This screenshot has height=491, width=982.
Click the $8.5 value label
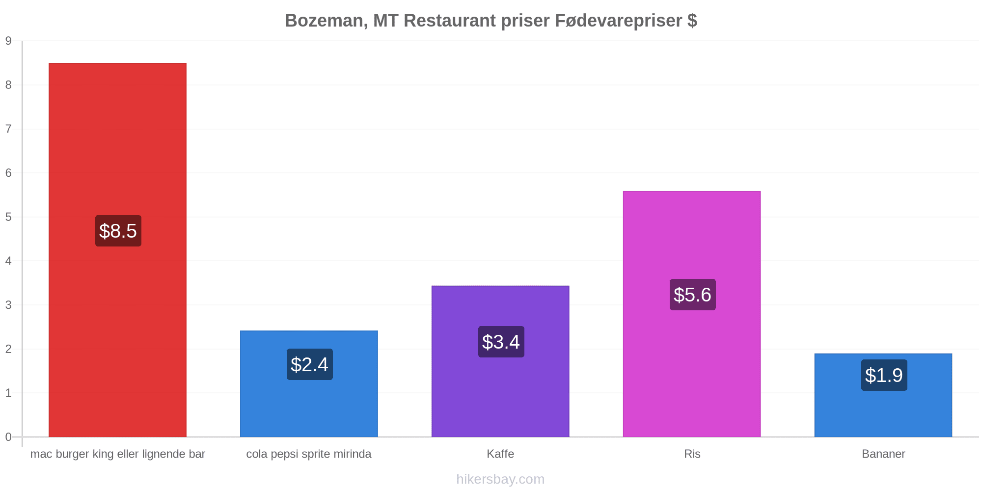118,231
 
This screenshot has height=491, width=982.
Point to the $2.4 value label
310,364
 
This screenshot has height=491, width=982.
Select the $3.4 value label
501,342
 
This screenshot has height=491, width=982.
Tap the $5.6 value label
693,295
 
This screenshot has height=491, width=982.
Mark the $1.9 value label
884,375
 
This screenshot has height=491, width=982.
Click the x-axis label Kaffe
500,454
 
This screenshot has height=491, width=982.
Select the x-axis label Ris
692,454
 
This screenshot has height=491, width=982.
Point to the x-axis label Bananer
883,454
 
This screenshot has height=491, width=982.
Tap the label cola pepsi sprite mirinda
309,454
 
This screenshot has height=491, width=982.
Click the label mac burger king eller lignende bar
118,454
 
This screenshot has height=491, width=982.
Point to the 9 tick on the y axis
8,41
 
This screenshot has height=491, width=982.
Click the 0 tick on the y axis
8,437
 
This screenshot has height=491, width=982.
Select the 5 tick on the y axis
8,217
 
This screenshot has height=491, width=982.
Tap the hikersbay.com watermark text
500,479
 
